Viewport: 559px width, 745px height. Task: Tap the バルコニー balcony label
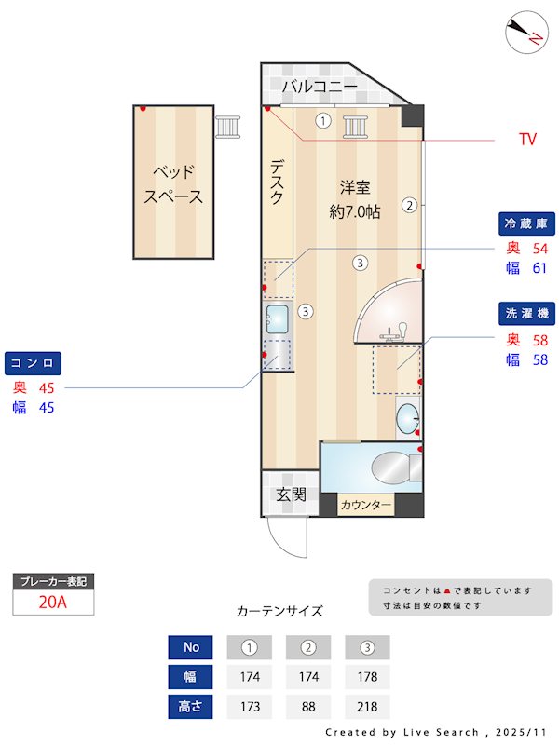point(320,87)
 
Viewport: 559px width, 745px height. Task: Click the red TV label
point(528,140)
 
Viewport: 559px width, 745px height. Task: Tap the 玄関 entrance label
point(291,494)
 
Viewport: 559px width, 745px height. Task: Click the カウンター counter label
point(366,506)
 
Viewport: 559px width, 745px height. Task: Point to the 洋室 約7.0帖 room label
point(355,198)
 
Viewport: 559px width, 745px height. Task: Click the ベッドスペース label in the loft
point(173,183)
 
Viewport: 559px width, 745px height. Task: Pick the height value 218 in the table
point(367,707)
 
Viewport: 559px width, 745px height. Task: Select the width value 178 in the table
point(367,677)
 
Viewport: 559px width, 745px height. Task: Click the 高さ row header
point(191,707)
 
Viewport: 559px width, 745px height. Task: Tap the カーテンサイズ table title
point(279,611)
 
